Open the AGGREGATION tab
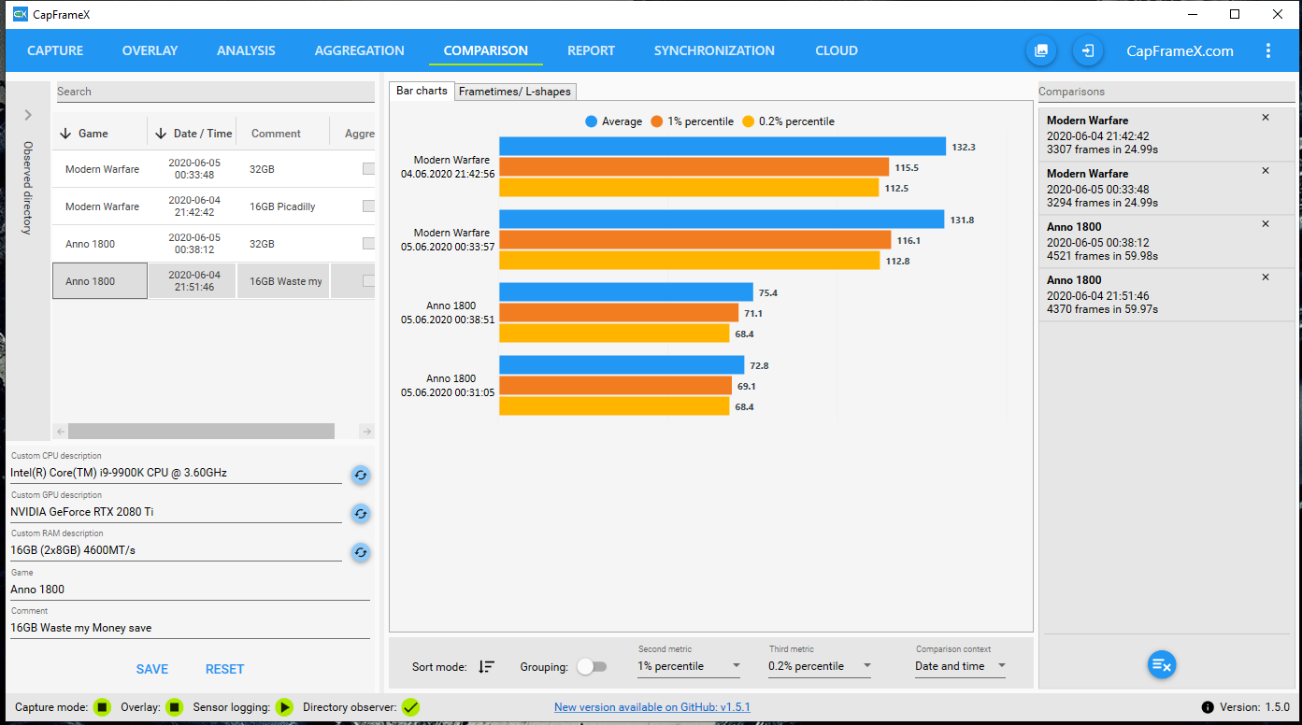point(359,50)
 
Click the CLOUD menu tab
point(836,50)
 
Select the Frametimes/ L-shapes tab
point(515,92)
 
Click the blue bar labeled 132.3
point(723,147)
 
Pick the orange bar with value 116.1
point(694,240)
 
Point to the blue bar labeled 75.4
point(626,292)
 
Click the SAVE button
point(152,669)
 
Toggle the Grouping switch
point(592,666)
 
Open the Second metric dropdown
point(689,666)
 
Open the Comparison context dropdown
point(960,666)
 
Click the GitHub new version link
point(651,707)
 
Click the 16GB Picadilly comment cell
point(282,206)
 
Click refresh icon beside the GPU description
point(360,514)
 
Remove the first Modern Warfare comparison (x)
point(1266,118)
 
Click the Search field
point(215,92)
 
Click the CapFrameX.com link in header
point(1180,51)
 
